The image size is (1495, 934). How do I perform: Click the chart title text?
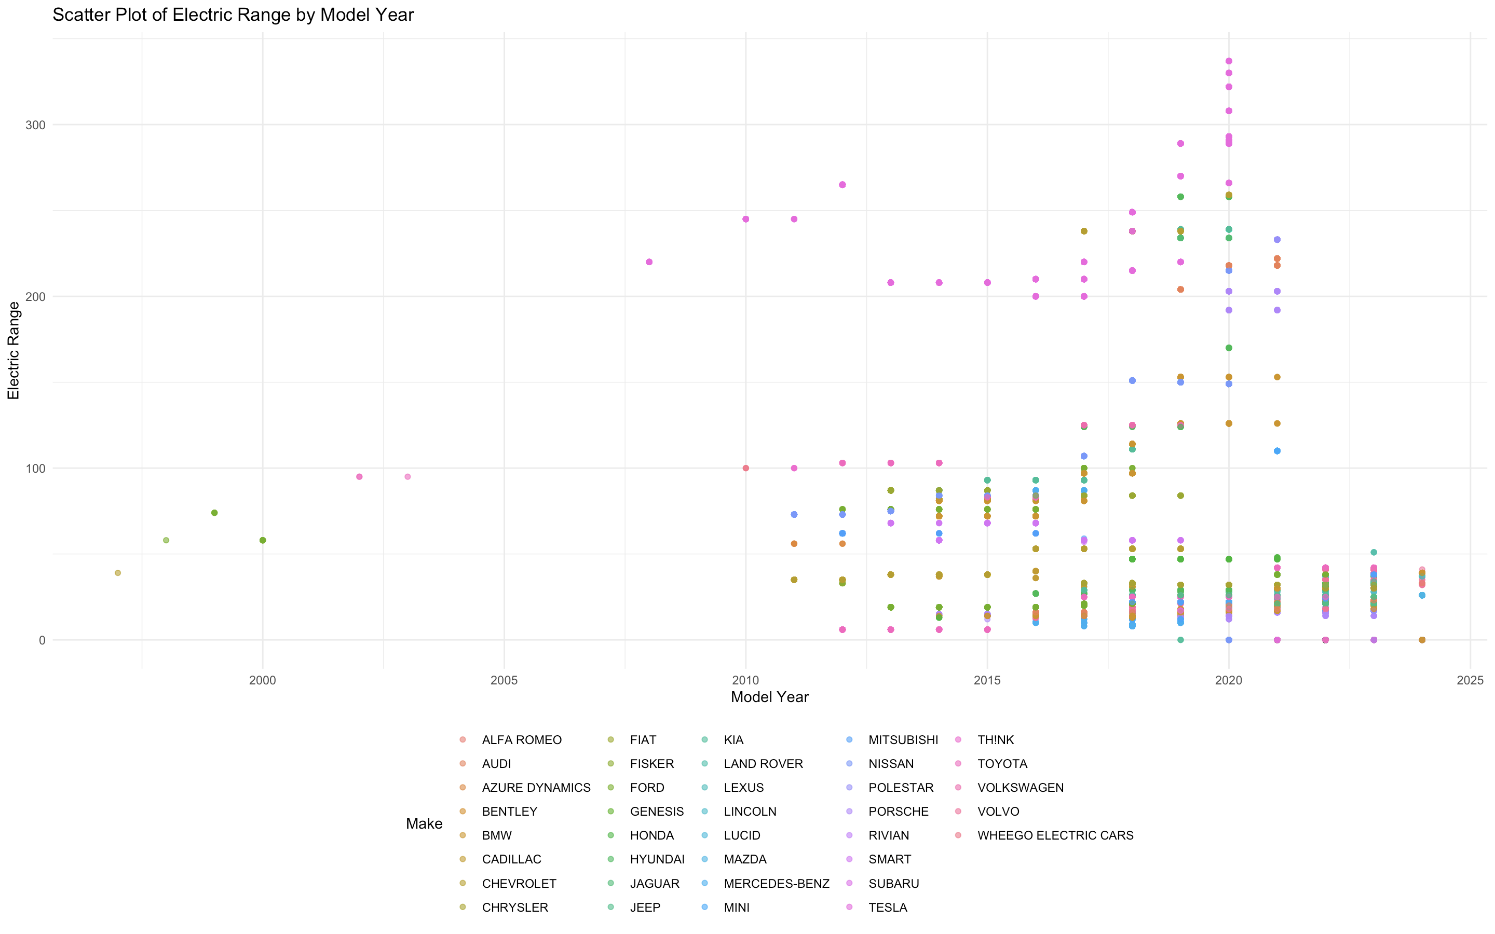(x=233, y=15)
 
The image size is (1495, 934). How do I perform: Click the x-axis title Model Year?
(x=769, y=697)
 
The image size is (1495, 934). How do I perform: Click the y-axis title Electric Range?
(x=13, y=350)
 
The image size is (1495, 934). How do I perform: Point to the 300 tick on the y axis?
(x=35, y=125)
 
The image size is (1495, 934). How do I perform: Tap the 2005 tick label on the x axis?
(x=504, y=680)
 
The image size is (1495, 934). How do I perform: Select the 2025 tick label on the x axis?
(x=1470, y=680)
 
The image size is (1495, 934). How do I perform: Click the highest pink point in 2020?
(x=1229, y=61)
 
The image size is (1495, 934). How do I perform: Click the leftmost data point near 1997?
(x=118, y=573)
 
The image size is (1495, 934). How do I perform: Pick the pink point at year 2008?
(x=649, y=262)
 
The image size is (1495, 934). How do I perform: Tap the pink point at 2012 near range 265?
(x=842, y=185)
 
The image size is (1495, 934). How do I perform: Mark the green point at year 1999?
(x=214, y=513)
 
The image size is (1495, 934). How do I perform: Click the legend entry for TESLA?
(x=887, y=908)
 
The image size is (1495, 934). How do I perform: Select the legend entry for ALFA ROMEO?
(x=521, y=740)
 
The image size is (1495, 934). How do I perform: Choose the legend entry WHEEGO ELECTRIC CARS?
(x=1054, y=835)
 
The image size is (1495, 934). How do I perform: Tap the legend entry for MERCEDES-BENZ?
(x=776, y=883)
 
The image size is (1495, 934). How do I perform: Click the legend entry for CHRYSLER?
(x=514, y=908)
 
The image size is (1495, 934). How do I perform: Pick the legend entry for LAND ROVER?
(x=763, y=763)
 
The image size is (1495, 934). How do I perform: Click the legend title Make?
(x=424, y=823)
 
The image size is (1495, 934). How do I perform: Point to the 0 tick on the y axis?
(x=42, y=640)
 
